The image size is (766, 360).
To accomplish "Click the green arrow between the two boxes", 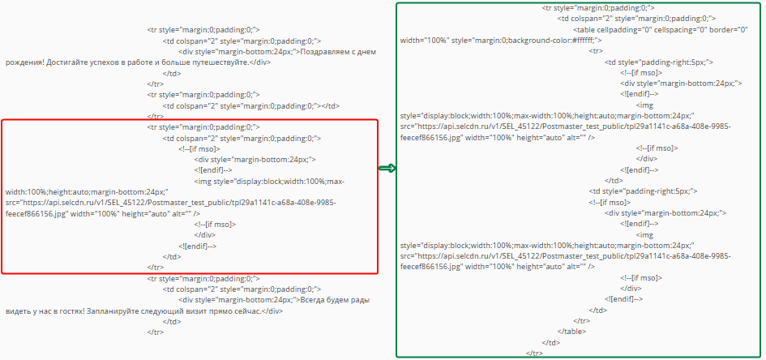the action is pos(387,169).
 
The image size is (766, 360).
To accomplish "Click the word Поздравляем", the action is pos(322,52).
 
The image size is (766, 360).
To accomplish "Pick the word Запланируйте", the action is pos(111,311).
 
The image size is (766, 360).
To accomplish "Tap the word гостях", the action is pos(71,311).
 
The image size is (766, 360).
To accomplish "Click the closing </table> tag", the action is pos(571,331).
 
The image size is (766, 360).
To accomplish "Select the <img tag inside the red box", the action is pos(203,182).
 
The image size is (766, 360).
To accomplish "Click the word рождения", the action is pos(25,62).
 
